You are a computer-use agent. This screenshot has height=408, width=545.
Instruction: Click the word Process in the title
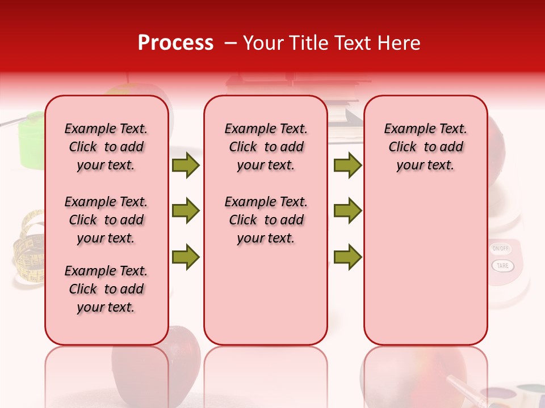coord(175,43)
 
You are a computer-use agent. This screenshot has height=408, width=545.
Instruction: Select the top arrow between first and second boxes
coord(186,165)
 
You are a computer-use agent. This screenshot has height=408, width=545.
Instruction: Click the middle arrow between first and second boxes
coord(186,211)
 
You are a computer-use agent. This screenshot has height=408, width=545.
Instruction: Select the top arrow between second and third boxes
coord(347,165)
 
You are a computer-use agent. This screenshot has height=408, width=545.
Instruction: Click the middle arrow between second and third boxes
coord(347,211)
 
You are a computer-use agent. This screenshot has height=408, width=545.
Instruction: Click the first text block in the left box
coord(106,147)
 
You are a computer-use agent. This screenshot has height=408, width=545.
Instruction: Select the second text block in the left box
coord(106,220)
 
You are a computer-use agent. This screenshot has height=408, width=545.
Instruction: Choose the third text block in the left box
coord(106,289)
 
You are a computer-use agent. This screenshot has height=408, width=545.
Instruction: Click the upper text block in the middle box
coord(266,147)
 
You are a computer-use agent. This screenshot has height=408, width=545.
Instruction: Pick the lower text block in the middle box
coord(266,220)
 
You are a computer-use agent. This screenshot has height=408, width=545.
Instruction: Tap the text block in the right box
coord(425,147)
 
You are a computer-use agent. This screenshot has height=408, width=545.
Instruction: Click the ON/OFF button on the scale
coord(501,248)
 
